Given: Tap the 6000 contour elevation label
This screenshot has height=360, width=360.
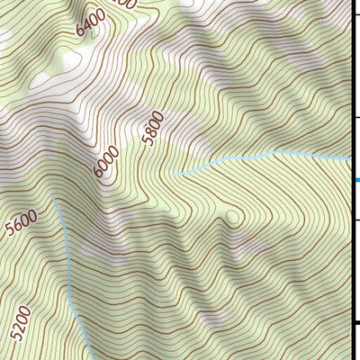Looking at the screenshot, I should [106, 162].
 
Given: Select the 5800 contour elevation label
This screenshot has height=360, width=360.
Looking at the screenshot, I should [153, 128].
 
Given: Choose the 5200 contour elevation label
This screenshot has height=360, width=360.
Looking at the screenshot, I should [22, 323].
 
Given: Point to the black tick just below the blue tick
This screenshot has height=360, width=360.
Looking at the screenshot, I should [355, 219].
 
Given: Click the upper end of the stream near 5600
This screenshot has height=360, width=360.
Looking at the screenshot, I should [53, 200].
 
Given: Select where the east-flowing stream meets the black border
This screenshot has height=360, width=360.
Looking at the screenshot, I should [349, 158].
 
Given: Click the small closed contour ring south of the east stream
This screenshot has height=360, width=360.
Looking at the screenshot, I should [233, 217].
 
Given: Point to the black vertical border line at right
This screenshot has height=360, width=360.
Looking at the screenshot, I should [351, 90].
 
